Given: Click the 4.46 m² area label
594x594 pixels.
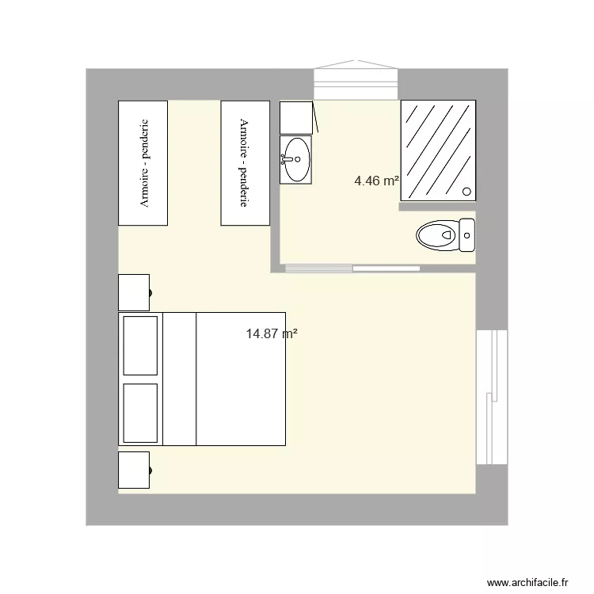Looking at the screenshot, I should pyautogui.click(x=376, y=181).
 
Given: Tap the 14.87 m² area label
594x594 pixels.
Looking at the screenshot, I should pyautogui.click(x=272, y=334).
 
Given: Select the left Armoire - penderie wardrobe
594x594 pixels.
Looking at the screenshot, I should pyautogui.click(x=143, y=163).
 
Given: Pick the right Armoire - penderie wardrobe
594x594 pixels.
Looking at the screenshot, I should pyautogui.click(x=246, y=163).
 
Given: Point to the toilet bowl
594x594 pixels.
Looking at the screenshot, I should pyautogui.click(x=435, y=235).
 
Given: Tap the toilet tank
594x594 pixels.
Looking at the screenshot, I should pyautogui.click(x=466, y=234).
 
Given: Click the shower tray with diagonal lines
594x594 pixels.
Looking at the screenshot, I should pyautogui.click(x=437, y=150).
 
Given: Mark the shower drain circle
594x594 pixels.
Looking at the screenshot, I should pyautogui.click(x=466, y=191).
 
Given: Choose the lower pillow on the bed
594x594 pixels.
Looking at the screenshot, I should pyautogui.click(x=141, y=412).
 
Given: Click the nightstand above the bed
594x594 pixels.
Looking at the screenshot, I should pyautogui.click(x=134, y=292).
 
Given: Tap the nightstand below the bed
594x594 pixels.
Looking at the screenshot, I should pyautogui.click(x=134, y=470).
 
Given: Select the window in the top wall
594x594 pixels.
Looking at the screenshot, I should pyautogui.click(x=355, y=82).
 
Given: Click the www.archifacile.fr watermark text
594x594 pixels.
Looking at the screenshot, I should pyautogui.click(x=528, y=582).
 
